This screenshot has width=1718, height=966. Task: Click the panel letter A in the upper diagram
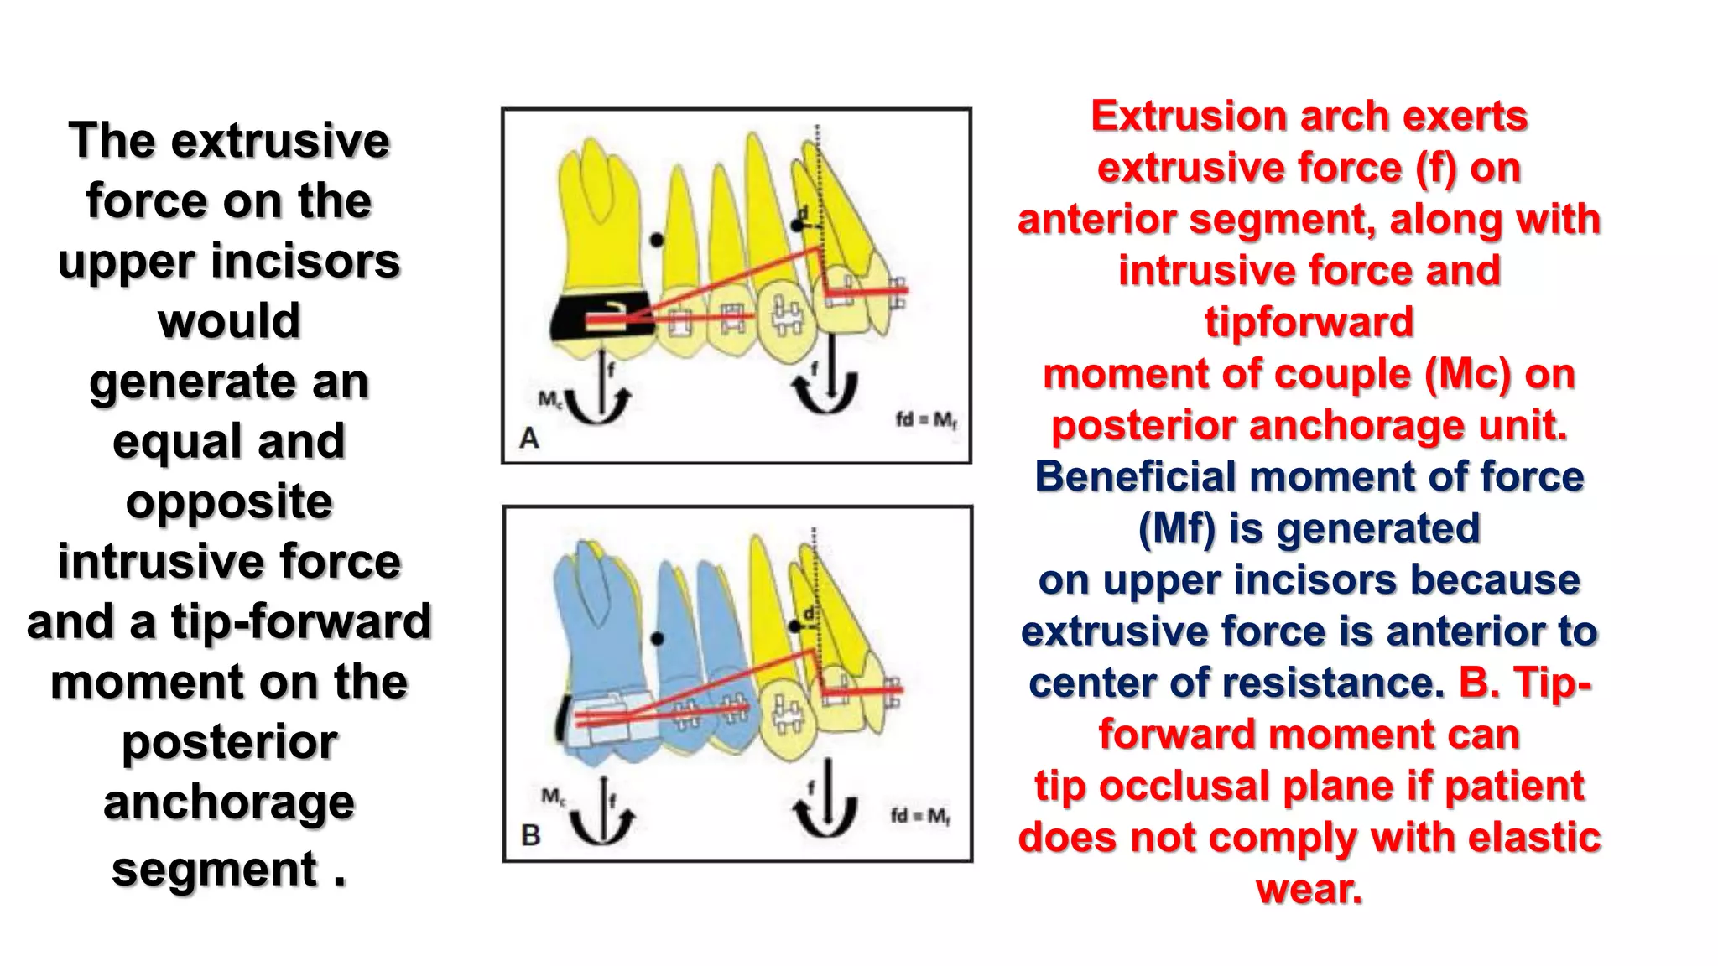pos(529,438)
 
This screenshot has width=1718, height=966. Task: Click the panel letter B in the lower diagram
pos(531,835)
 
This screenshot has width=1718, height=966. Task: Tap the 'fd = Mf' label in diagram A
pos(926,419)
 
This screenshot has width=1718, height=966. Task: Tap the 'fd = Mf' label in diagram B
pos(920,815)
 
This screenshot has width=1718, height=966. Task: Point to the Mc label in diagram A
pos(551,399)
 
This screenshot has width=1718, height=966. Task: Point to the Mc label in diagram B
pos(554,796)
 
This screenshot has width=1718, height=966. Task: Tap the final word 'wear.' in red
pos(1309,889)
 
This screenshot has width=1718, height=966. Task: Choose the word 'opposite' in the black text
pos(229,501)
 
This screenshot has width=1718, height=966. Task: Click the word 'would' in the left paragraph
pos(229,321)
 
